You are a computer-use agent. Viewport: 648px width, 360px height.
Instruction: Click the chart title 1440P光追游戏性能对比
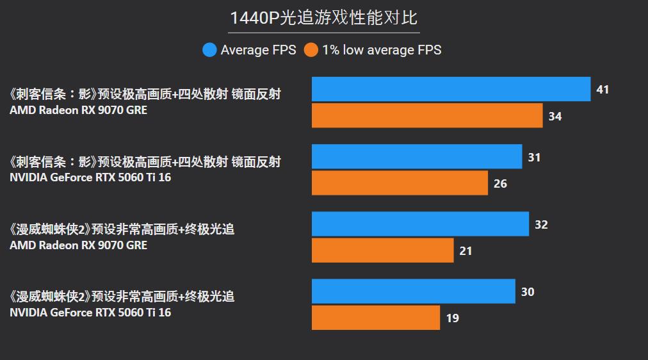coord(323,17)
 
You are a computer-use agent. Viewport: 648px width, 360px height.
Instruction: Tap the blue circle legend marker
coord(209,50)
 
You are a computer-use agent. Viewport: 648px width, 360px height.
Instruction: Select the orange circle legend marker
coord(311,50)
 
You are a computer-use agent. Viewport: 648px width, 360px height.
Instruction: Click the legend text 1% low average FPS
coord(382,50)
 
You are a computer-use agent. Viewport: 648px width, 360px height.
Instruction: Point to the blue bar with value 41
coord(451,89)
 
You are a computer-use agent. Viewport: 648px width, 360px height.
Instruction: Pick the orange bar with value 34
coord(427,116)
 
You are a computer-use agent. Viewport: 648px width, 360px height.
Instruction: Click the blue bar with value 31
coord(417,156)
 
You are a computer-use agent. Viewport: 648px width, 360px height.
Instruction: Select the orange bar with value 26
coord(400,183)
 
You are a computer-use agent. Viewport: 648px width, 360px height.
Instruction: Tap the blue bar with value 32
coord(420,224)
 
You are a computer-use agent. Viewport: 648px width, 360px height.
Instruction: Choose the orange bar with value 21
coord(382,250)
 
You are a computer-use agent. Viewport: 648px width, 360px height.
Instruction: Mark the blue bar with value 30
coord(413,291)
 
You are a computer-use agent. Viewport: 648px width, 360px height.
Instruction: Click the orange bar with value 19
coord(376,318)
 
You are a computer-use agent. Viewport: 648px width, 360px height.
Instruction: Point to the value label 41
coord(603,90)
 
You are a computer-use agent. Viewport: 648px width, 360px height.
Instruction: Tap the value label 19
coord(453,318)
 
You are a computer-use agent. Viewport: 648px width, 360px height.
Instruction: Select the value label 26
coord(500,184)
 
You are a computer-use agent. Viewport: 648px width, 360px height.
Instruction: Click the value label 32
coord(541,225)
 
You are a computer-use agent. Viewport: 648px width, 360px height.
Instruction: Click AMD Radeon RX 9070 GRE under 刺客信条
coord(78,110)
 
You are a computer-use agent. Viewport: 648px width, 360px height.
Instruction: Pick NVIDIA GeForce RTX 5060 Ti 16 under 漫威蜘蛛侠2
coord(90,313)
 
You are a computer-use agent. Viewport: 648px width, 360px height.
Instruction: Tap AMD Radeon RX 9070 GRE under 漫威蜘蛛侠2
coord(78,245)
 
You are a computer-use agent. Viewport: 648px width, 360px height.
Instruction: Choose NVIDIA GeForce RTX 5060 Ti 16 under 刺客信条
coord(90,177)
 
